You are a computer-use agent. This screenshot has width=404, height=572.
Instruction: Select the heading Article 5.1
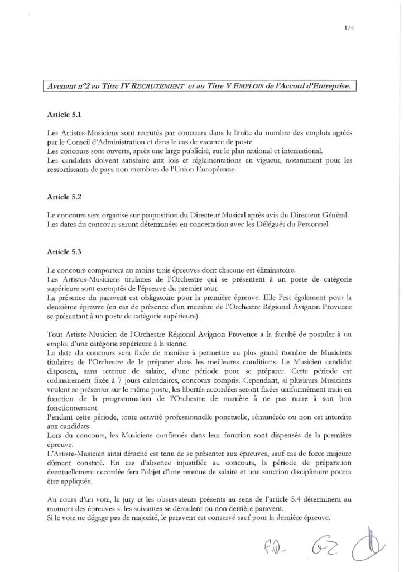pos(65,116)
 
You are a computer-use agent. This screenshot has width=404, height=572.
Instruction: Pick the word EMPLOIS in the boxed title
pos(257,87)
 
